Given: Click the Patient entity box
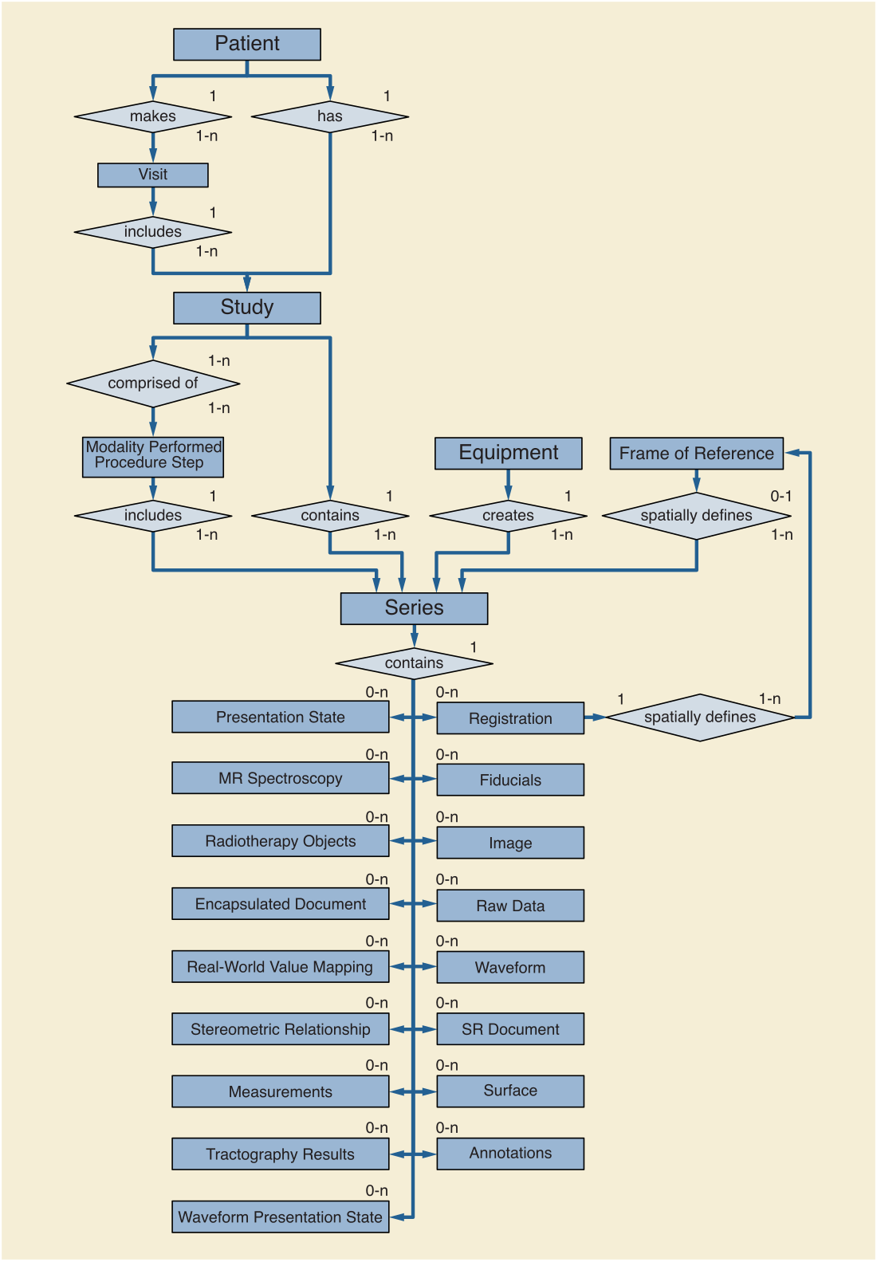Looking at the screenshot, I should (x=247, y=45).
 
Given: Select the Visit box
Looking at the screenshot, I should (x=153, y=175).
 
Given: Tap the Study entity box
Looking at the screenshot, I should (x=247, y=308).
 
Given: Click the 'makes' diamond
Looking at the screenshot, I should (x=153, y=116).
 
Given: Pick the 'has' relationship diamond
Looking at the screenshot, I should (x=330, y=116).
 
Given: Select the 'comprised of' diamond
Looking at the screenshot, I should (x=153, y=383).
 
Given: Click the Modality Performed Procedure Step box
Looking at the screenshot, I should (x=153, y=457).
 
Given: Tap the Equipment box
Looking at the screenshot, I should (x=509, y=453).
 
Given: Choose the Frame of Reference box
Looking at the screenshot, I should (x=696, y=453).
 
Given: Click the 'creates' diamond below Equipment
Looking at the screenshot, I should (x=508, y=516).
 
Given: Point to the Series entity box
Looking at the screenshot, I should (x=414, y=608).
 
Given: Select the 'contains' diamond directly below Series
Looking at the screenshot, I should (x=414, y=663).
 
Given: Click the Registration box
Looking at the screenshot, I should (x=510, y=718).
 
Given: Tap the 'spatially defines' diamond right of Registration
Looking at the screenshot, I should (x=699, y=717).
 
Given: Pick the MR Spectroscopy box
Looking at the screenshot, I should (x=280, y=778).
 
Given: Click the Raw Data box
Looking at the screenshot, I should (x=510, y=906).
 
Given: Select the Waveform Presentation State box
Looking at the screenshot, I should (x=280, y=1217).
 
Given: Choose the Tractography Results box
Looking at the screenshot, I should (x=280, y=1154).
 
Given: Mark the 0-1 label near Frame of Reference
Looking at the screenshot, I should (x=781, y=497).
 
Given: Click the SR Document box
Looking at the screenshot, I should (x=510, y=1029).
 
